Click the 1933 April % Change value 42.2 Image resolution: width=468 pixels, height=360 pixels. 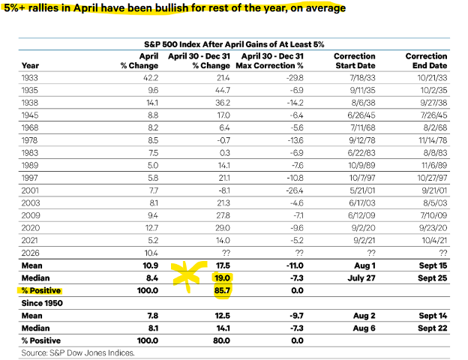(x=151, y=78)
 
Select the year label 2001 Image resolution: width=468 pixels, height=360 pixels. (x=30, y=190)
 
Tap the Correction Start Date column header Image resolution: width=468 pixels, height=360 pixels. (x=355, y=61)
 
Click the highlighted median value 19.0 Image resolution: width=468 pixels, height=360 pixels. (x=222, y=278)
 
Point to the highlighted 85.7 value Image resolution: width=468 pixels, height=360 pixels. (x=222, y=290)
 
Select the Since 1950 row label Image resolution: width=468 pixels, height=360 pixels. (x=42, y=303)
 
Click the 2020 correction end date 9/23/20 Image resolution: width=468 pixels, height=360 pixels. (x=433, y=228)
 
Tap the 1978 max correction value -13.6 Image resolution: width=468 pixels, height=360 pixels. (x=295, y=140)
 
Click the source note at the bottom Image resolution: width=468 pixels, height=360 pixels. (x=78, y=352)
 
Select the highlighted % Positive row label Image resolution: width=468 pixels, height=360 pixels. (x=41, y=290)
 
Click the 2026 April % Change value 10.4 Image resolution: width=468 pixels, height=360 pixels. (x=151, y=253)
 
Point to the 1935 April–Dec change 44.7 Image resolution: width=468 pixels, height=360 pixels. (x=222, y=91)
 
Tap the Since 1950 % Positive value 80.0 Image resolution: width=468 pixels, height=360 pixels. (x=221, y=340)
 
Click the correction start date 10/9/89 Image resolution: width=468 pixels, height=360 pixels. (x=361, y=165)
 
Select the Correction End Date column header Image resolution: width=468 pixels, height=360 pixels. (x=426, y=61)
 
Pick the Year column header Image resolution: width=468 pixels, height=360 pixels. (x=30, y=66)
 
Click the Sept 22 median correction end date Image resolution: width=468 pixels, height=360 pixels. (x=433, y=328)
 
